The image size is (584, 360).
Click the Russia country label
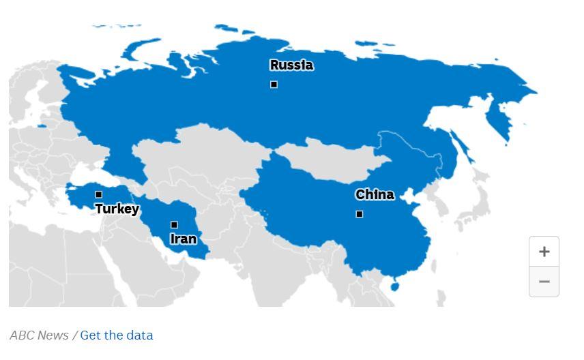291,65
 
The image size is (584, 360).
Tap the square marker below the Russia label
274,85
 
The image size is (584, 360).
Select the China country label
375,195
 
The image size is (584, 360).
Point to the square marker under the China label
360,214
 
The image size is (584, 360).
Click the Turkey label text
117,209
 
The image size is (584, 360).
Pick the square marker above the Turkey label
98,194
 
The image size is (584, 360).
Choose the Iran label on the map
183,239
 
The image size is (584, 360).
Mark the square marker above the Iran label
174,224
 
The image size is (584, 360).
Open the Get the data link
117,335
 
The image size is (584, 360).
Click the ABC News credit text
39,335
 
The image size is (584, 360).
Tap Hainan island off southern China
394,286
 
